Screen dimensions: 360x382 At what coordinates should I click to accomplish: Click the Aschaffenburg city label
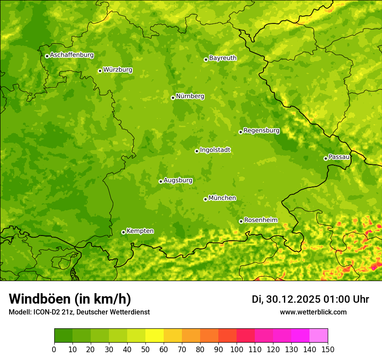[x=72, y=55]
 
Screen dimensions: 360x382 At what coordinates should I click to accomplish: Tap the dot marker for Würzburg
[x=100, y=71]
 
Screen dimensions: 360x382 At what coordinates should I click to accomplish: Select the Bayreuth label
[x=223, y=58]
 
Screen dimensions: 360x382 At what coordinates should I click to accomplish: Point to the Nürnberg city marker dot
[x=173, y=98]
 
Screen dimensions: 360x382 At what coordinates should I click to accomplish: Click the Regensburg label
[x=261, y=130]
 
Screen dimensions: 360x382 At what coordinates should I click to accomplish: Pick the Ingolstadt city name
[x=215, y=150]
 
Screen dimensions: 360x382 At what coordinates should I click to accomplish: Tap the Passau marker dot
[x=326, y=158]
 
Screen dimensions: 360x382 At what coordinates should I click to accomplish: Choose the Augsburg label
[x=178, y=180]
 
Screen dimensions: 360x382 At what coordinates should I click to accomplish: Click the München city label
[x=222, y=198]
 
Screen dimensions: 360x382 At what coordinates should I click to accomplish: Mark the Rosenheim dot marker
[x=241, y=221]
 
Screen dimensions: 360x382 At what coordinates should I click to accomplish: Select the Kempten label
[x=140, y=231]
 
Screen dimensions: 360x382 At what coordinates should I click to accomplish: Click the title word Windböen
[x=40, y=299]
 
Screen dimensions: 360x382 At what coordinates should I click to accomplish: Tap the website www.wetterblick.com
[x=313, y=312]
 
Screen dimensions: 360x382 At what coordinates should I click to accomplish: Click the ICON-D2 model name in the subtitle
[x=46, y=312]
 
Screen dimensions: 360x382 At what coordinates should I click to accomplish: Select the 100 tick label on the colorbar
[x=237, y=349]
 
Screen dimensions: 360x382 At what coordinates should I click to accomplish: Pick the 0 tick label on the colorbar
[x=54, y=349]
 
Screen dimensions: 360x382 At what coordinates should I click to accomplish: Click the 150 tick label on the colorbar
[x=328, y=349]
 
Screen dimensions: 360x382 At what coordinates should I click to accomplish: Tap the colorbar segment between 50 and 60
[x=155, y=336]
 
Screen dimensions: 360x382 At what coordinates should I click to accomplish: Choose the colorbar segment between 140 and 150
[x=319, y=336]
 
